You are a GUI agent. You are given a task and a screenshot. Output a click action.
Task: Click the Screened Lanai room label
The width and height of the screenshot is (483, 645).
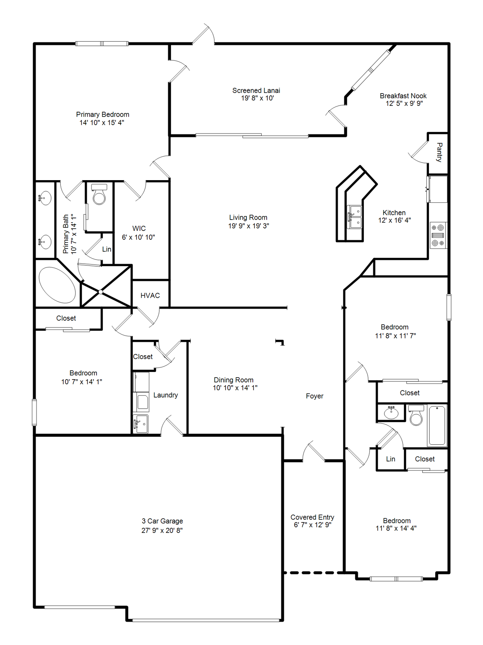256,90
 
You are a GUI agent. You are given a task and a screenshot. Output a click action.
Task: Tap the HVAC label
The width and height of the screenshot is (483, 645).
150,296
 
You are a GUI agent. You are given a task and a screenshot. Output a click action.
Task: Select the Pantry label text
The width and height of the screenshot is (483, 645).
439,152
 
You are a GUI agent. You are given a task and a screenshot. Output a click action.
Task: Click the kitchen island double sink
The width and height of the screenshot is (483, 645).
355,217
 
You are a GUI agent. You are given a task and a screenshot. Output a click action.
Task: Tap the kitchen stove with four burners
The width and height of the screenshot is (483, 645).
438,235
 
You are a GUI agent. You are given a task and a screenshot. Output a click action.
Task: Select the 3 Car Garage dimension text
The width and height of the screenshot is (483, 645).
162,530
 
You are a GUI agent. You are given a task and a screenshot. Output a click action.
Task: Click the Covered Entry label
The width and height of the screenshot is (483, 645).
312,517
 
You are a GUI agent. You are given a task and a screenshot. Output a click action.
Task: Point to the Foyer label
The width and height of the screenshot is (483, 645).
314,396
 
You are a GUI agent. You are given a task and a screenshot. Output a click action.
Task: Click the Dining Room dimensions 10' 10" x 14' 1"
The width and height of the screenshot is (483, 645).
235,388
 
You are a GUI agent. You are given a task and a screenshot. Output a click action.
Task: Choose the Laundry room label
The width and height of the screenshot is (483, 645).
166,395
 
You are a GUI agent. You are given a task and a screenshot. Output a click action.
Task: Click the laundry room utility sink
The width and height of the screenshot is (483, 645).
141,424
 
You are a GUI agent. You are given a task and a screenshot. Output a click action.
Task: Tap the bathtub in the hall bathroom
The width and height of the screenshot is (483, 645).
437,425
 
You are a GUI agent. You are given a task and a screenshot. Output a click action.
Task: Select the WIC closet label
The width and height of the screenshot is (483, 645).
139,228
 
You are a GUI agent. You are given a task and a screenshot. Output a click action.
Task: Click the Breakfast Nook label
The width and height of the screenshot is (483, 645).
403,96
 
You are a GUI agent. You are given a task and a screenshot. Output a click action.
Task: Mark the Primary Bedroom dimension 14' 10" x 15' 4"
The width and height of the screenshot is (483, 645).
102,123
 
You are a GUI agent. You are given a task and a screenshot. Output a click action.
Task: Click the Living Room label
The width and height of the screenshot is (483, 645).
248,218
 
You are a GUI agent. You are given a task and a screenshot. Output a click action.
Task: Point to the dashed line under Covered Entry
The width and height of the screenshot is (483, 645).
313,572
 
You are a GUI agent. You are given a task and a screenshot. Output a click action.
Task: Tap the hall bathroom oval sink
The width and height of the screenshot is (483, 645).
391,412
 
